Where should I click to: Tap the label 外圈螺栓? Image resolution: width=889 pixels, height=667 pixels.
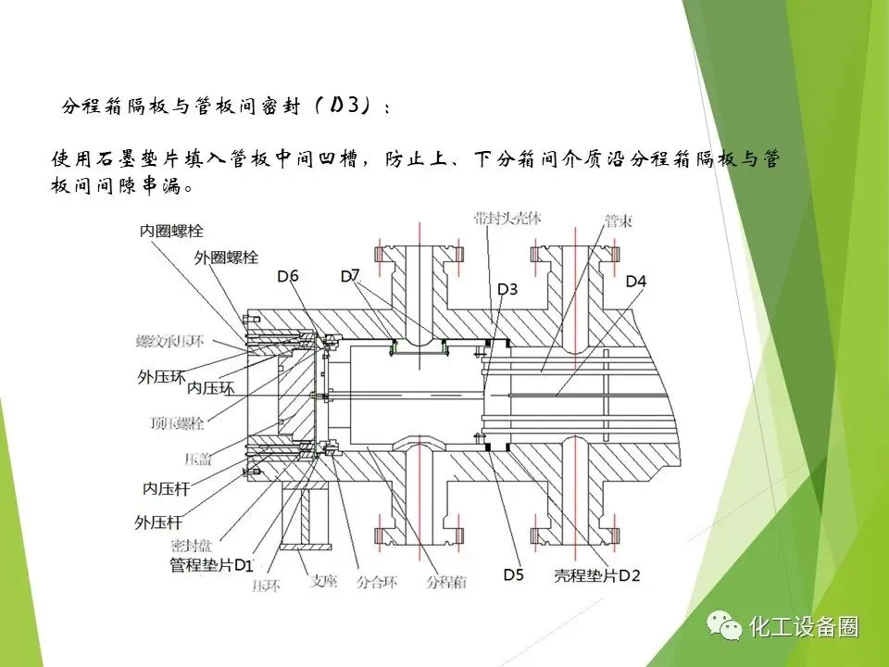pyautogui.click(x=225, y=257)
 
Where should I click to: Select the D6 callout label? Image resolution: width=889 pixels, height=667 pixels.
pyautogui.click(x=288, y=276)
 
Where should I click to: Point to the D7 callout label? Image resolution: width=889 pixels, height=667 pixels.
pyautogui.click(x=350, y=275)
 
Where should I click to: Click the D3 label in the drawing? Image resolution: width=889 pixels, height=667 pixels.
pyautogui.click(x=507, y=290)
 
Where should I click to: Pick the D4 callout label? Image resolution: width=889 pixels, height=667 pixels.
pyautogui.click(x=636, y=281)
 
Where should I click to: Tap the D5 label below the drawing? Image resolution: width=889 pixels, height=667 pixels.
pyautogui.click(x=513, y=575)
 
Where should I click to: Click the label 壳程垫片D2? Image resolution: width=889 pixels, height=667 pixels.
pyautogui.click(x=596, y=575)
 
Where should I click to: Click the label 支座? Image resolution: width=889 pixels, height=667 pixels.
pyautogui.click(x=323, y=583)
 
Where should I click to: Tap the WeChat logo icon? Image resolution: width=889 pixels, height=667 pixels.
pyautogui.click(x=724, y=626)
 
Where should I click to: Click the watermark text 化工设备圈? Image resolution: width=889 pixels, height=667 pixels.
pyautogui.click(x=804, y=627)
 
